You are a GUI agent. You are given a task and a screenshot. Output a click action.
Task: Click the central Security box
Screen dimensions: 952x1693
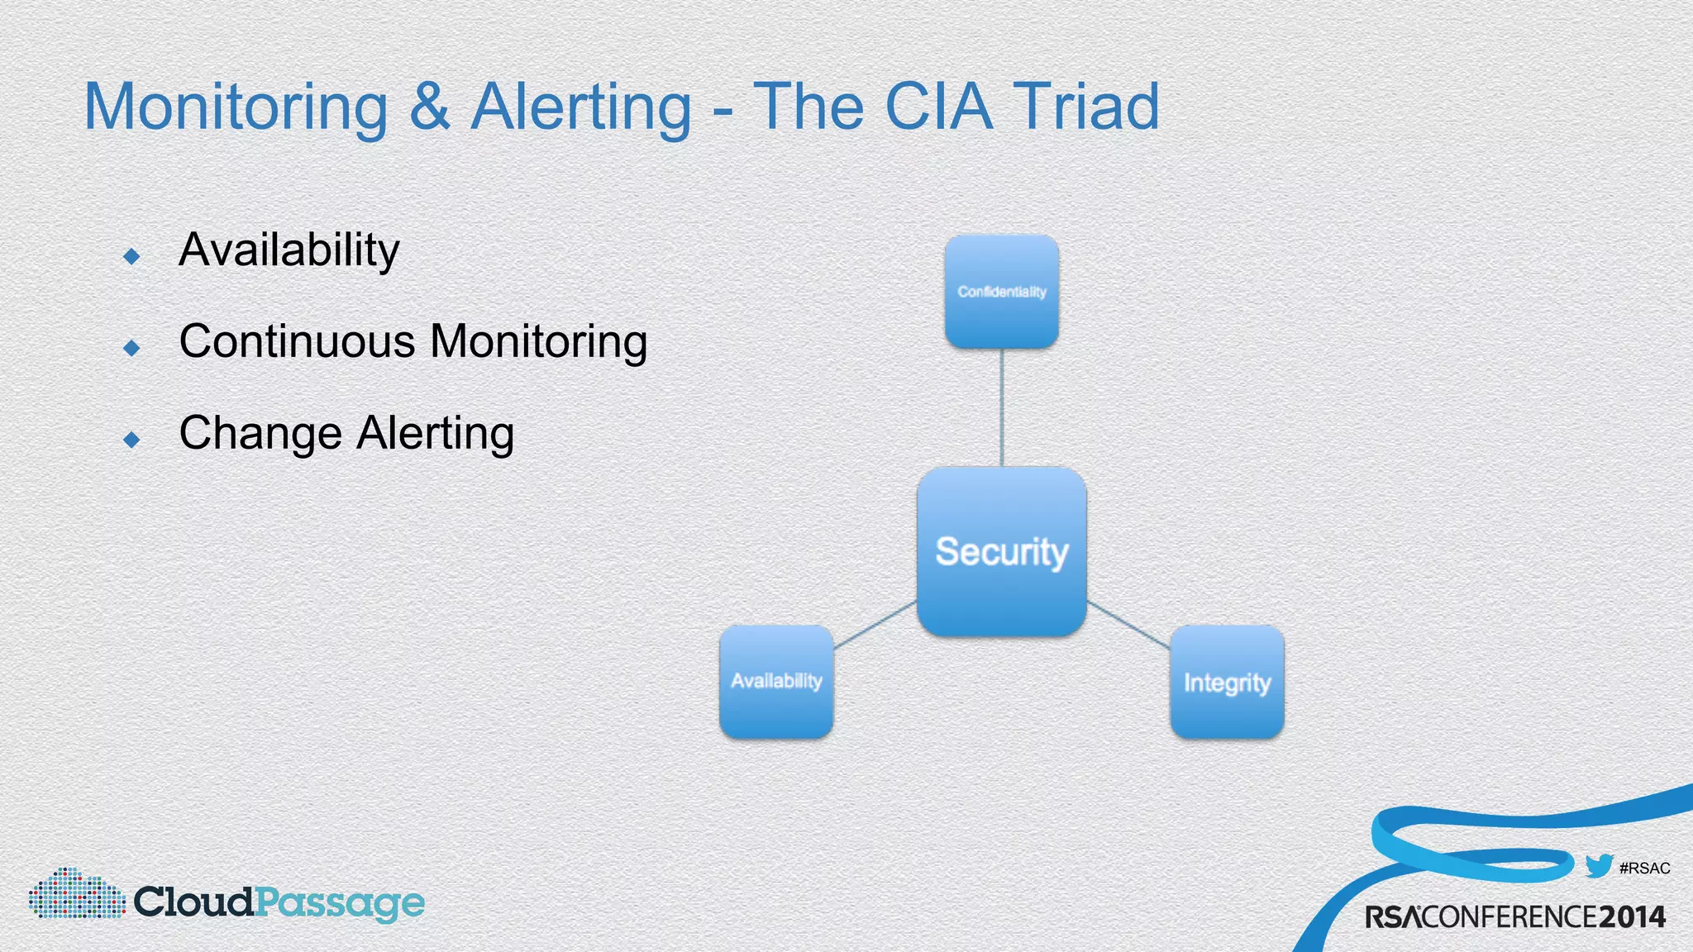(1001, 551)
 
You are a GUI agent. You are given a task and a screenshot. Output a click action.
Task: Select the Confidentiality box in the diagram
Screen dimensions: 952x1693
(1001, 291)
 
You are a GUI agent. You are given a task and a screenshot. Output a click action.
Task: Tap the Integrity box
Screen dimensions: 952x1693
(1227, 682)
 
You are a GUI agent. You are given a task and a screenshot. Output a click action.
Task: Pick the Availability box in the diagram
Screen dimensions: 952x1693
(776, 681)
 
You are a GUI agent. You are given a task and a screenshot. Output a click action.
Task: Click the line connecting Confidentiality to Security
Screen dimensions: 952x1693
(1002, 407)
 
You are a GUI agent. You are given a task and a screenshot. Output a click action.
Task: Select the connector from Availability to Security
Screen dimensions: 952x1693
(875, 625)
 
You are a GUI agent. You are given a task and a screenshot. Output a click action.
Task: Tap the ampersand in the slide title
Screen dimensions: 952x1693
(429, 107)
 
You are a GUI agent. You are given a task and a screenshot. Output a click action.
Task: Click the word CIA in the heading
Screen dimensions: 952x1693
(937, 107)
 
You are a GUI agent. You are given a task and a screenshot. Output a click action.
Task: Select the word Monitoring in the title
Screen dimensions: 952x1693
(236, 108)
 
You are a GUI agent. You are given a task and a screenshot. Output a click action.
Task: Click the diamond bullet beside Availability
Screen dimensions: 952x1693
(131, 256)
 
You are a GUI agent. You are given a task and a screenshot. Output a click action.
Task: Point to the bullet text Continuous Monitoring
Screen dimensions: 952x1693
(413, 341)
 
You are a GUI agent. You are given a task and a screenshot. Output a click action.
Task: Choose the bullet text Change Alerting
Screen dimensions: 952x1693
(346, 433)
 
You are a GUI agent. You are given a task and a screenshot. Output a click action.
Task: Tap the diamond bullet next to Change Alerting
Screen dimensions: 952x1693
(131, 440)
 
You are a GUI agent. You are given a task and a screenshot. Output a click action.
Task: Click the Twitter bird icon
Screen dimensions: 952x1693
(1599, 866)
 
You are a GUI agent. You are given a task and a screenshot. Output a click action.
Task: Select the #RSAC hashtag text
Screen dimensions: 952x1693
(1644, 869)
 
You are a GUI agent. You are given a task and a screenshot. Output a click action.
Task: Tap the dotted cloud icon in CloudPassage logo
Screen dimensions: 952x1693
(77, 894)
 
